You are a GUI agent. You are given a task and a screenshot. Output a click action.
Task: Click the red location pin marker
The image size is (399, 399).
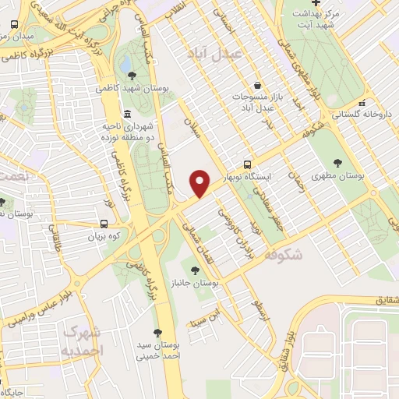(x=200, y=183)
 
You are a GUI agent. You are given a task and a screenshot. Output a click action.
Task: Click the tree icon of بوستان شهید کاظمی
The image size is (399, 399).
(x=131, y=76)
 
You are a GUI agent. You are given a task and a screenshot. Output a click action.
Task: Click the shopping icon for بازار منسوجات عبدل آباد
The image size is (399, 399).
(x=256, y=86)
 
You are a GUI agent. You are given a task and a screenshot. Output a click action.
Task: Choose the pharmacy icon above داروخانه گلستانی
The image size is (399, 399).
(x=360, y=102)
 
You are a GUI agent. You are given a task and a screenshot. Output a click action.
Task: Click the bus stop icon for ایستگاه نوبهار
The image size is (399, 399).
(x=247, y=164)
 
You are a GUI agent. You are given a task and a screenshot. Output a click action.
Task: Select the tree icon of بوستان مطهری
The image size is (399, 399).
(x=337, y=163)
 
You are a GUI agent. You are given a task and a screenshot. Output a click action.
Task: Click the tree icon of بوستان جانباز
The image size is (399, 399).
(x=195, y=270)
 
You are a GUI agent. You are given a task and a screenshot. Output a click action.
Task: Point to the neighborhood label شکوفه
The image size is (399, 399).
(x=284, y=254)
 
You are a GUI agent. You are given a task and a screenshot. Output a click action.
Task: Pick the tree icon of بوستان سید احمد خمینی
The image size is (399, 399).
(x=158, y=331)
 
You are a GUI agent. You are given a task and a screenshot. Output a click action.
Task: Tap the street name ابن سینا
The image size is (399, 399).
(x=212, y=319)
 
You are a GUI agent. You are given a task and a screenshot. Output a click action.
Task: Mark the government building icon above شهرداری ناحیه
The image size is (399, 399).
(x=128, y=114)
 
